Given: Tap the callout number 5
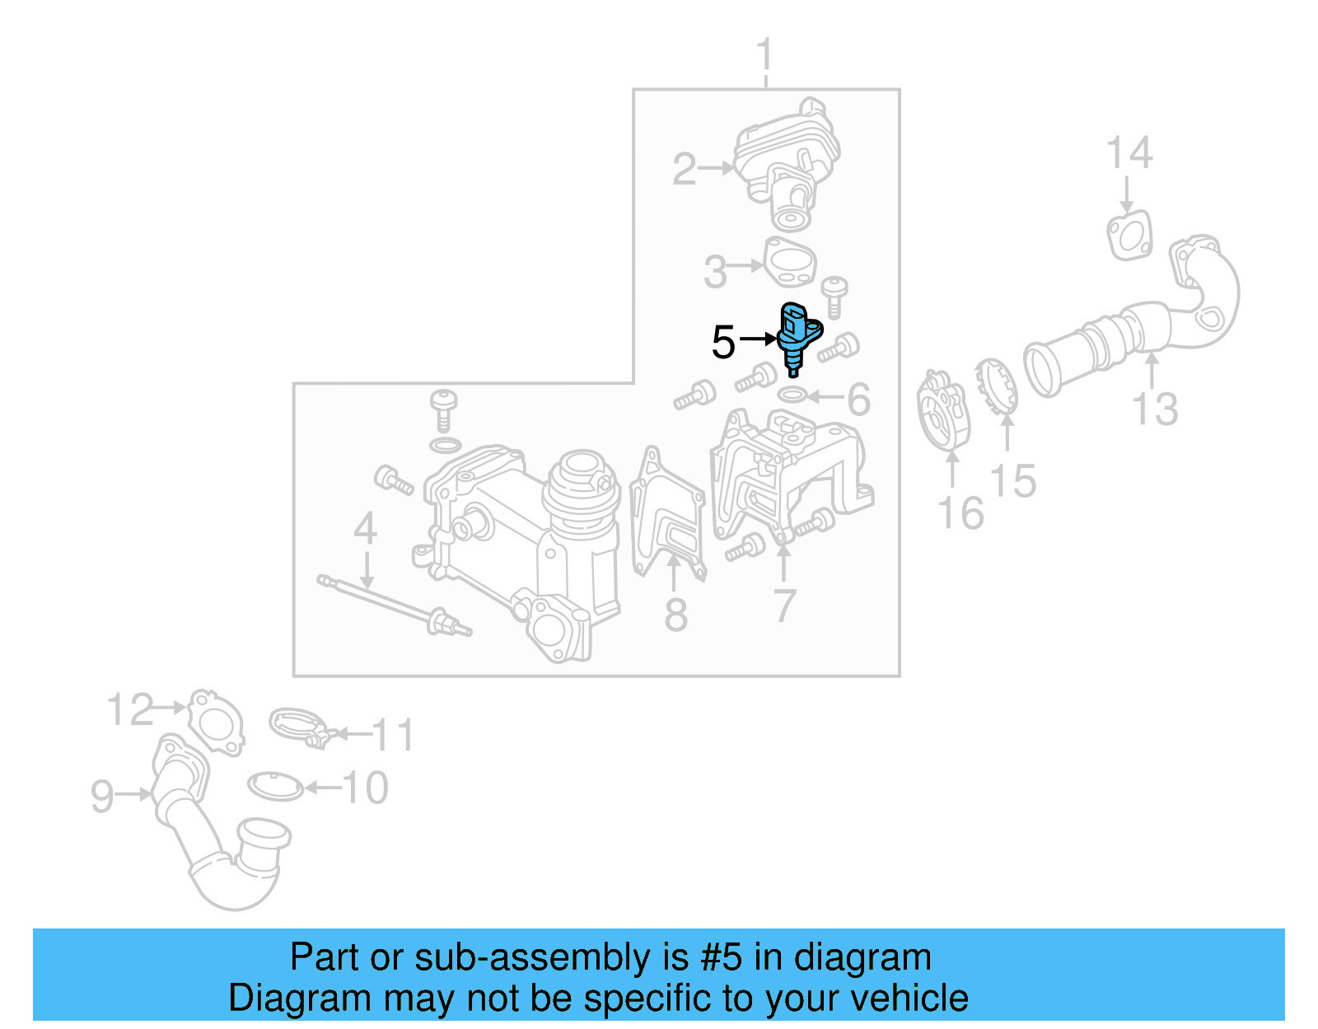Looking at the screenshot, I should click(722, 342).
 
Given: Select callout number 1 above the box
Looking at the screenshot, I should click(765, 55).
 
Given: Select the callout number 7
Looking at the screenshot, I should click(784, 606).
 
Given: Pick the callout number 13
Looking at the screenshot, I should click(1155, 409).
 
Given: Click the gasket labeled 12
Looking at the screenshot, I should click(216, 722).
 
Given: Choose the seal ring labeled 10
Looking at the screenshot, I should click(275, 786).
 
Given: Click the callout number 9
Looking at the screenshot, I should click(102, 796).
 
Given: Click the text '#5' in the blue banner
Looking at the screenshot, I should click(721, 958).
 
